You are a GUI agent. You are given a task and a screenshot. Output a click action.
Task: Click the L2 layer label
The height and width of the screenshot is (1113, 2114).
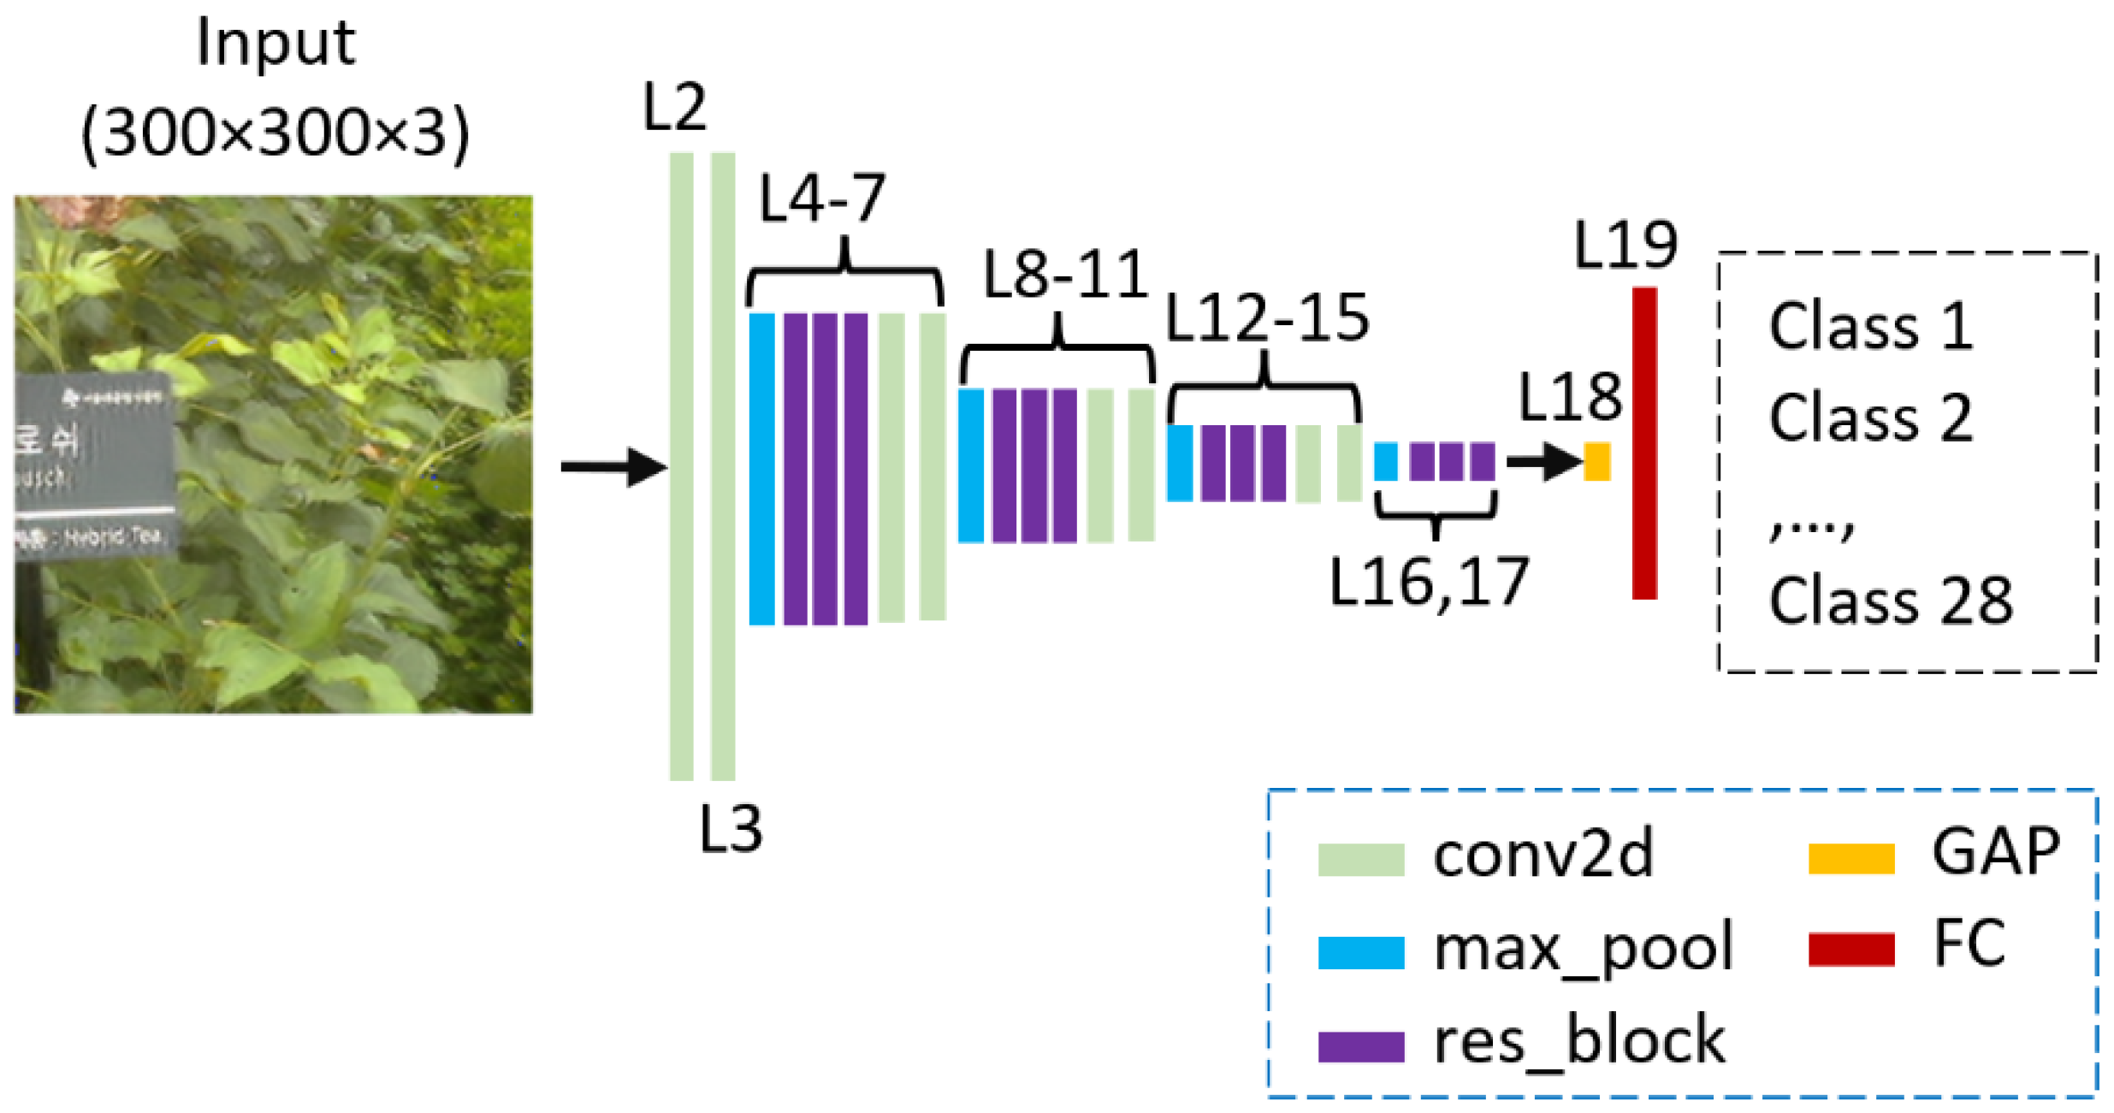[674, 108]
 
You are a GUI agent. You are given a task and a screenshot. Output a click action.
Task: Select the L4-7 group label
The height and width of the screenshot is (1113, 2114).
[822, 198]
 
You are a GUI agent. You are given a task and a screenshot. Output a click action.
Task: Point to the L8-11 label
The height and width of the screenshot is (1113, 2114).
[1065, 275]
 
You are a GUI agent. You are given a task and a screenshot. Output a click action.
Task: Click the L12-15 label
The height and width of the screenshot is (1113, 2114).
[1267, 317]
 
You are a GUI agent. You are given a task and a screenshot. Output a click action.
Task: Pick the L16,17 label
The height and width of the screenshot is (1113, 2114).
[1428, 582]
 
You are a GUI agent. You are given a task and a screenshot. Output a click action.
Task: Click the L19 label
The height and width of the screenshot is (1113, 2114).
[1625, 245]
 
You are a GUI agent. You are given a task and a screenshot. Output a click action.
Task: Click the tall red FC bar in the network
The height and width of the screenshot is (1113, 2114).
[1643, 442]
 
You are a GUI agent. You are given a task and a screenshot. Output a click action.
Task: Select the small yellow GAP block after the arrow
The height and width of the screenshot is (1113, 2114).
[1596, 461]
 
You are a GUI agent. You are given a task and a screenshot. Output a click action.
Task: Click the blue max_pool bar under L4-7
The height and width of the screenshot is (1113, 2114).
[761, 469]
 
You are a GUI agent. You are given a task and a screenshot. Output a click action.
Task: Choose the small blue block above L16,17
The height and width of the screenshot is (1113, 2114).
[1385, 461]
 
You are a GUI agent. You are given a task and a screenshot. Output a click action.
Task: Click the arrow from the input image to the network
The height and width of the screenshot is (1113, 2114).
[613, 467]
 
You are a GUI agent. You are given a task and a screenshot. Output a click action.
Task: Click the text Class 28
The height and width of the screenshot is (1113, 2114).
[1890, 601]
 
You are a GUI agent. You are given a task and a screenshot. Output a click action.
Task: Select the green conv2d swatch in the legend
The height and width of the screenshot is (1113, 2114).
[1360, 859]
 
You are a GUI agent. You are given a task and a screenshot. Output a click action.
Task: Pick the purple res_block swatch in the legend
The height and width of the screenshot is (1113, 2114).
[1360, 1045]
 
